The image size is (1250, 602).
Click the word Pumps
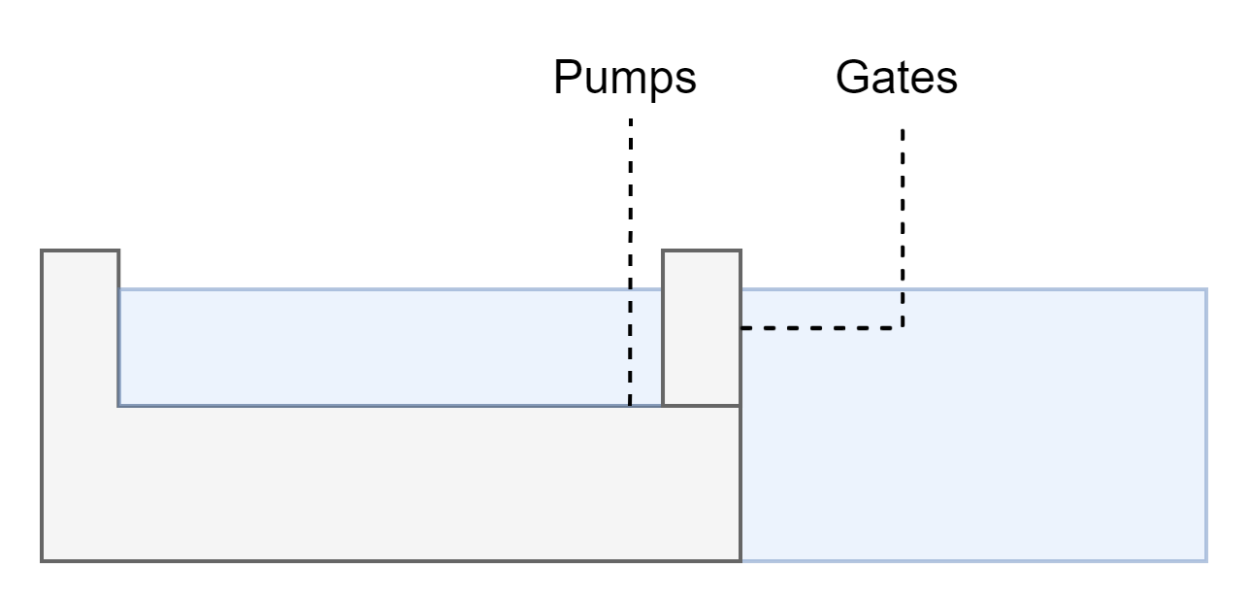[624, 78]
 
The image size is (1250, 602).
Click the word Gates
[896, 78]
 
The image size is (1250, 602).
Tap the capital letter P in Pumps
[566, 78]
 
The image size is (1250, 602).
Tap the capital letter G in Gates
[851, 78]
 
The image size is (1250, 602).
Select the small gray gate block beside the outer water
[702, 327]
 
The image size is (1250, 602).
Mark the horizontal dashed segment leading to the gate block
[821, 328]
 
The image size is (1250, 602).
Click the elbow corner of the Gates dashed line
[903, 328]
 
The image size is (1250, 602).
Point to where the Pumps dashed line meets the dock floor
[631, 406]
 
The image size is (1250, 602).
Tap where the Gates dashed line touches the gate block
[741, 328]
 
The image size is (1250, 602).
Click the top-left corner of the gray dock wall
[42, 251]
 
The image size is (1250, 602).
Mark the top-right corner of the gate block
[740, 251]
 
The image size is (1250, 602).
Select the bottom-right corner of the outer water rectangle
[1206, 560]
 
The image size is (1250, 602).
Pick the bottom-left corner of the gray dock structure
[42, 560]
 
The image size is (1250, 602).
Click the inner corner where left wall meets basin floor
[119, 406]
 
